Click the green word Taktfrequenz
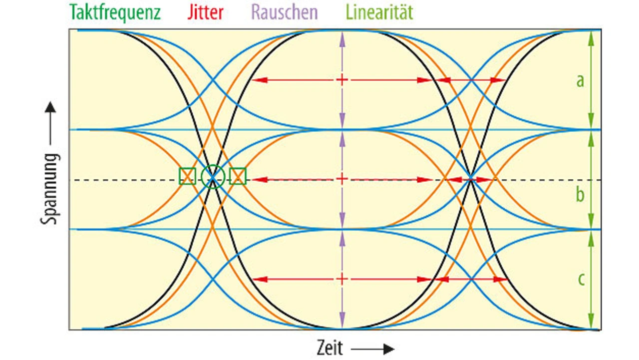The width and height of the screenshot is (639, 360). (115, 12)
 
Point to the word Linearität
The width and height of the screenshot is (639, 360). (379, 12)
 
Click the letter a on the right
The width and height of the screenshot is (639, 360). (580, 80)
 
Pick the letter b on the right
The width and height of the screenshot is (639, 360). (580, 194)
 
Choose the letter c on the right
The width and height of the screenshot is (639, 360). (581, 279)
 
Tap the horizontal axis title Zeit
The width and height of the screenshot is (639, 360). (330, 348)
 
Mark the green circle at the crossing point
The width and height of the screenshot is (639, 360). (213, 176)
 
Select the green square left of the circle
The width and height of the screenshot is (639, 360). (187, 176)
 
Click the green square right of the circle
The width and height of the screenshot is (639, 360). (238, 176)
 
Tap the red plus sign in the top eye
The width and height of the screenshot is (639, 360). (342, 79)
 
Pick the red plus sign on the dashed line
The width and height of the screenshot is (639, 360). (342, 179)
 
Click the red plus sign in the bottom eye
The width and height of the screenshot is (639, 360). (342, 279)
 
